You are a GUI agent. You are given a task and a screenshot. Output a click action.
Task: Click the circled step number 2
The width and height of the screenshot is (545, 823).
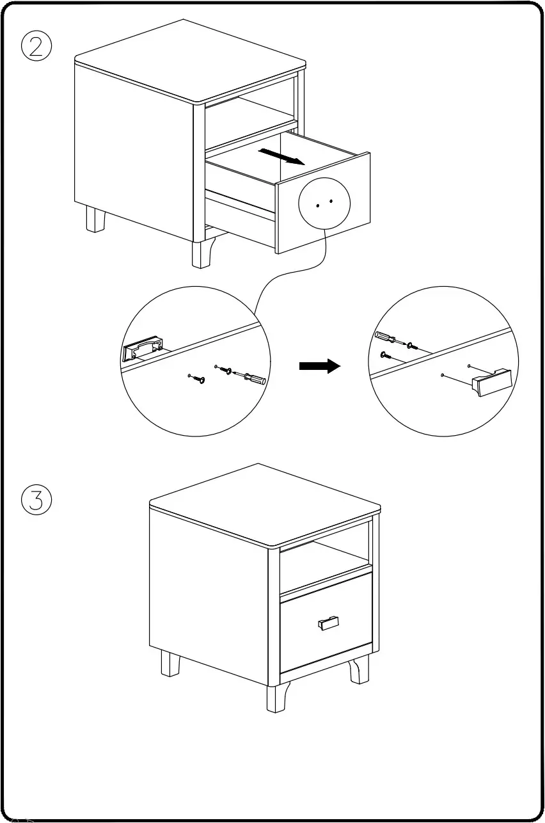[36, 47]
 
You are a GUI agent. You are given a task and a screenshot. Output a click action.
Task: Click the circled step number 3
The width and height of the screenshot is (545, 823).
[36, 500]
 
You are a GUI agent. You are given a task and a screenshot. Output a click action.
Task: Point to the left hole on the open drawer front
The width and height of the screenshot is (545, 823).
[318, 205]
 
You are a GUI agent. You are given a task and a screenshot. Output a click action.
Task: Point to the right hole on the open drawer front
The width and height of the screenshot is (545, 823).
[331, 202]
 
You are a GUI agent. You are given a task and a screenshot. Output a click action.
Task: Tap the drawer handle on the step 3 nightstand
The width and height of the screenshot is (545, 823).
[328, 622]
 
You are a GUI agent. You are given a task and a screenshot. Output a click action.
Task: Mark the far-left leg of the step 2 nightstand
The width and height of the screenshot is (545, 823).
[95, 219]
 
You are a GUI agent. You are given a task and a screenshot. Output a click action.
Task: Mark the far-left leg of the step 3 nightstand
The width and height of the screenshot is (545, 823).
[170, 663]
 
